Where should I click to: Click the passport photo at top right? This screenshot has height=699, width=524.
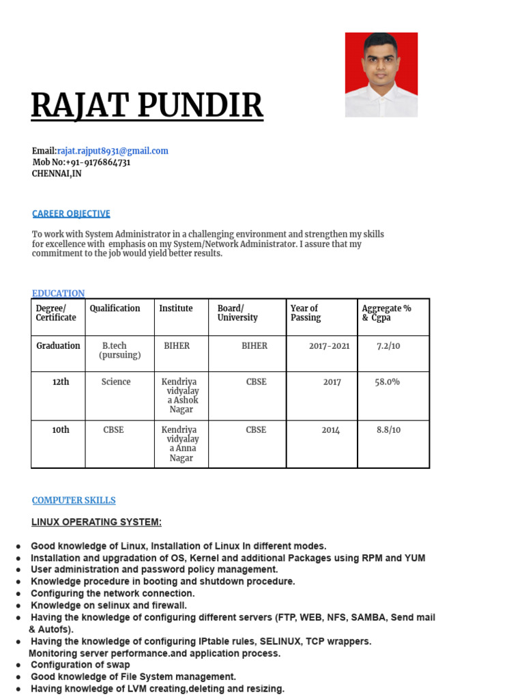pyautogui.click(x=381, y=74)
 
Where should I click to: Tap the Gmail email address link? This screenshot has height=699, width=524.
pyautogui.click(x=113, y=151)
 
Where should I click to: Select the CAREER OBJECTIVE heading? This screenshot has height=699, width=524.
pyautogui.click(x=71, y=214)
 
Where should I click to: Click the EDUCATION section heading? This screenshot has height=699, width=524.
pyautogui.click(x=59, y=294)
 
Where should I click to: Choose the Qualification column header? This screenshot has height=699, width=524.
pyautogui.click(x=115, y=309)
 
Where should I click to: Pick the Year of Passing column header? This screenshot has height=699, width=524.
pyautogui.click(x=304, y=313)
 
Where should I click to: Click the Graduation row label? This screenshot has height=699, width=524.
pyautogui.click(x=58, y=346)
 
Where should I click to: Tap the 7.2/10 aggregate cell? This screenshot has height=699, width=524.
pyautogui.click(x=388, y=346)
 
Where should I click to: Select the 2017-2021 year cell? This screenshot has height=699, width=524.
pyautogui.click(x=329, y=346)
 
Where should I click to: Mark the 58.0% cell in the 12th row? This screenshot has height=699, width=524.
pyautogui.click(x=388, y=382)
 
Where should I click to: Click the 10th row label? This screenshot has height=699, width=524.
pyautogui.click(x=61, y=430)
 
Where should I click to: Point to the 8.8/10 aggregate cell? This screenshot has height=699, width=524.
pyautogui.click(x=389, y=430)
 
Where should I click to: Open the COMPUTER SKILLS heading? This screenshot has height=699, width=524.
pyautogui.click(x=74, y=500)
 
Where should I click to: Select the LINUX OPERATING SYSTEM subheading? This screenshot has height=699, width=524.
pyautogui.click(x=96, y=523)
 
